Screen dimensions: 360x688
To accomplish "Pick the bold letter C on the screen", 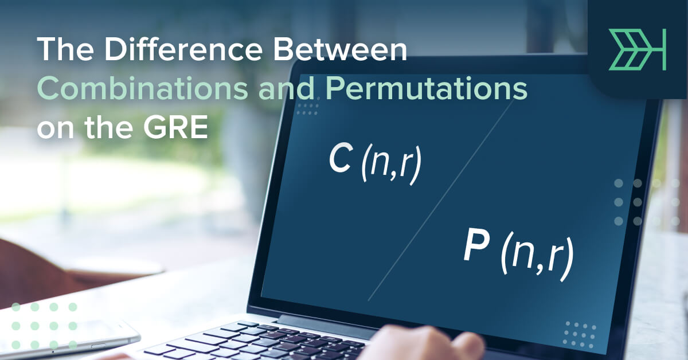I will pos(340,159).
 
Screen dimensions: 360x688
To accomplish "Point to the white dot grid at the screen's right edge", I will pos(628,202).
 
